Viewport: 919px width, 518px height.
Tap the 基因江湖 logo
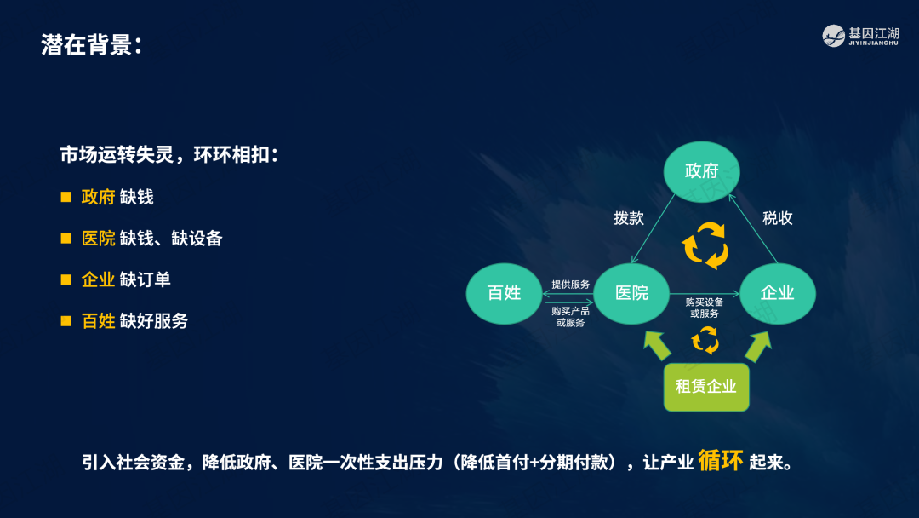tap(860, 36)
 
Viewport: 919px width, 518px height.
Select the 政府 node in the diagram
tap(701, 171)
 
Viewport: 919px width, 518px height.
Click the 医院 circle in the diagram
tap(631, 293)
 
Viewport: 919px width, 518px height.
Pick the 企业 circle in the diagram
tap(777, 293)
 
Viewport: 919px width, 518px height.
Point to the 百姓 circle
tap(504, 293)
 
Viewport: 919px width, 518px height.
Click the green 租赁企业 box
tap(706, 387)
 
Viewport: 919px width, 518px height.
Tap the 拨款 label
tap(629, 218)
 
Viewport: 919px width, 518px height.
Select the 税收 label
tap(777, 218)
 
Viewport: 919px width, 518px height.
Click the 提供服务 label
tap(570, 285)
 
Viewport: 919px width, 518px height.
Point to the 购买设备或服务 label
tap(705, 308)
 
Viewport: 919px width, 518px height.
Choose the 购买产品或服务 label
tap(570, 317)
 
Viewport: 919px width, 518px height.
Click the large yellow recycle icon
tap(705, 246)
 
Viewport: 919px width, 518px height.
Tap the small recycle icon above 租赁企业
tap(705, 340)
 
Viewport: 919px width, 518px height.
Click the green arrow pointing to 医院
tap(656, 345)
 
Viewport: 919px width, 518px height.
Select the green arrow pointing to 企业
tap(758, 346)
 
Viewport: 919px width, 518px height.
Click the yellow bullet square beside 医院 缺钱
tap(66, 239)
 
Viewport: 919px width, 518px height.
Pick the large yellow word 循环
tap(721, 461)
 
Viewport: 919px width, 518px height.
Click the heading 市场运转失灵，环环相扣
tap(168, 155)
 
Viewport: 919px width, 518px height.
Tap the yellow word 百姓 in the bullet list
tap(98, 321)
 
